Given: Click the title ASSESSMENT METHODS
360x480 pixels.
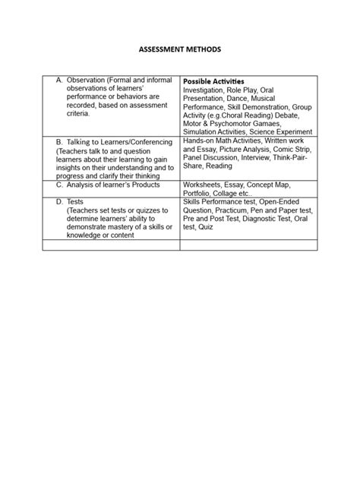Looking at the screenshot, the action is click(180, 48).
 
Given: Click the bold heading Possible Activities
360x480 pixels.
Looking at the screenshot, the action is click(213, 81).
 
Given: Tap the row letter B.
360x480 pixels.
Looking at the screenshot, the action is click(60, 141).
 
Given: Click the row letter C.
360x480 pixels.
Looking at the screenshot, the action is click(60, 185).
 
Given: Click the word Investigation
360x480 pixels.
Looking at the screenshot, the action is click(207, 90).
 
